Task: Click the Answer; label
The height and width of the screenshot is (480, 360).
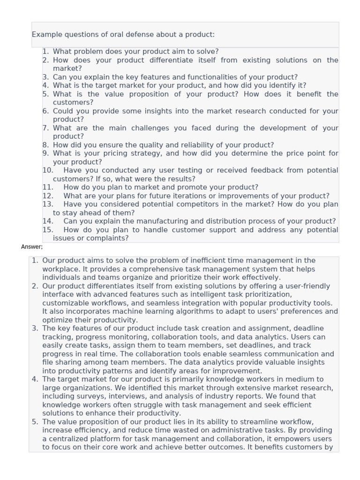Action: [32, 247]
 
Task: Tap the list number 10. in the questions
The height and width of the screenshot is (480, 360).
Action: [48, 170]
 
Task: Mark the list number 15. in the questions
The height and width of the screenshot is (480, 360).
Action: [48, 230]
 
